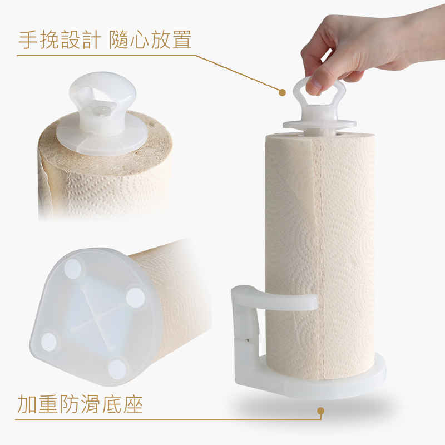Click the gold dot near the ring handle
(282, 92)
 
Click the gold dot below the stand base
(321, 411)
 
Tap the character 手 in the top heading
(28, 39)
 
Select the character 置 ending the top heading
(182, 39)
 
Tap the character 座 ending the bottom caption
(133, 404)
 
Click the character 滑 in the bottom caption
(91, 404)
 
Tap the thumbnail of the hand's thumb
(311, 84)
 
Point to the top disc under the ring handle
(319, 124)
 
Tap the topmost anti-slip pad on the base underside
(73, 268)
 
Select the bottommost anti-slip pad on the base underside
(117, 368)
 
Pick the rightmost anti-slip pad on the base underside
(135, 298)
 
